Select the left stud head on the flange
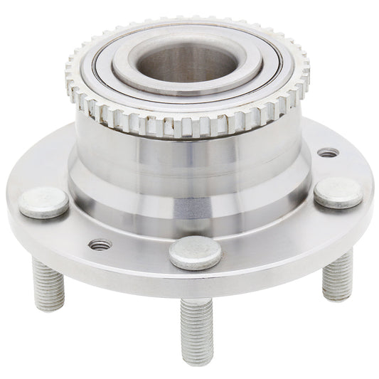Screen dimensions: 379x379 pos(44,202)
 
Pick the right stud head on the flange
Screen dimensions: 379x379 pos(338,192)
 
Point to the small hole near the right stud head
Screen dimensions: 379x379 pos(327,152)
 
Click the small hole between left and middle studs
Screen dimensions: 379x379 pos(100,245)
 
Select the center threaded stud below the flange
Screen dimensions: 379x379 pos(197,327)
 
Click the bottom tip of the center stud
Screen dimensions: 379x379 pos(198,359)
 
